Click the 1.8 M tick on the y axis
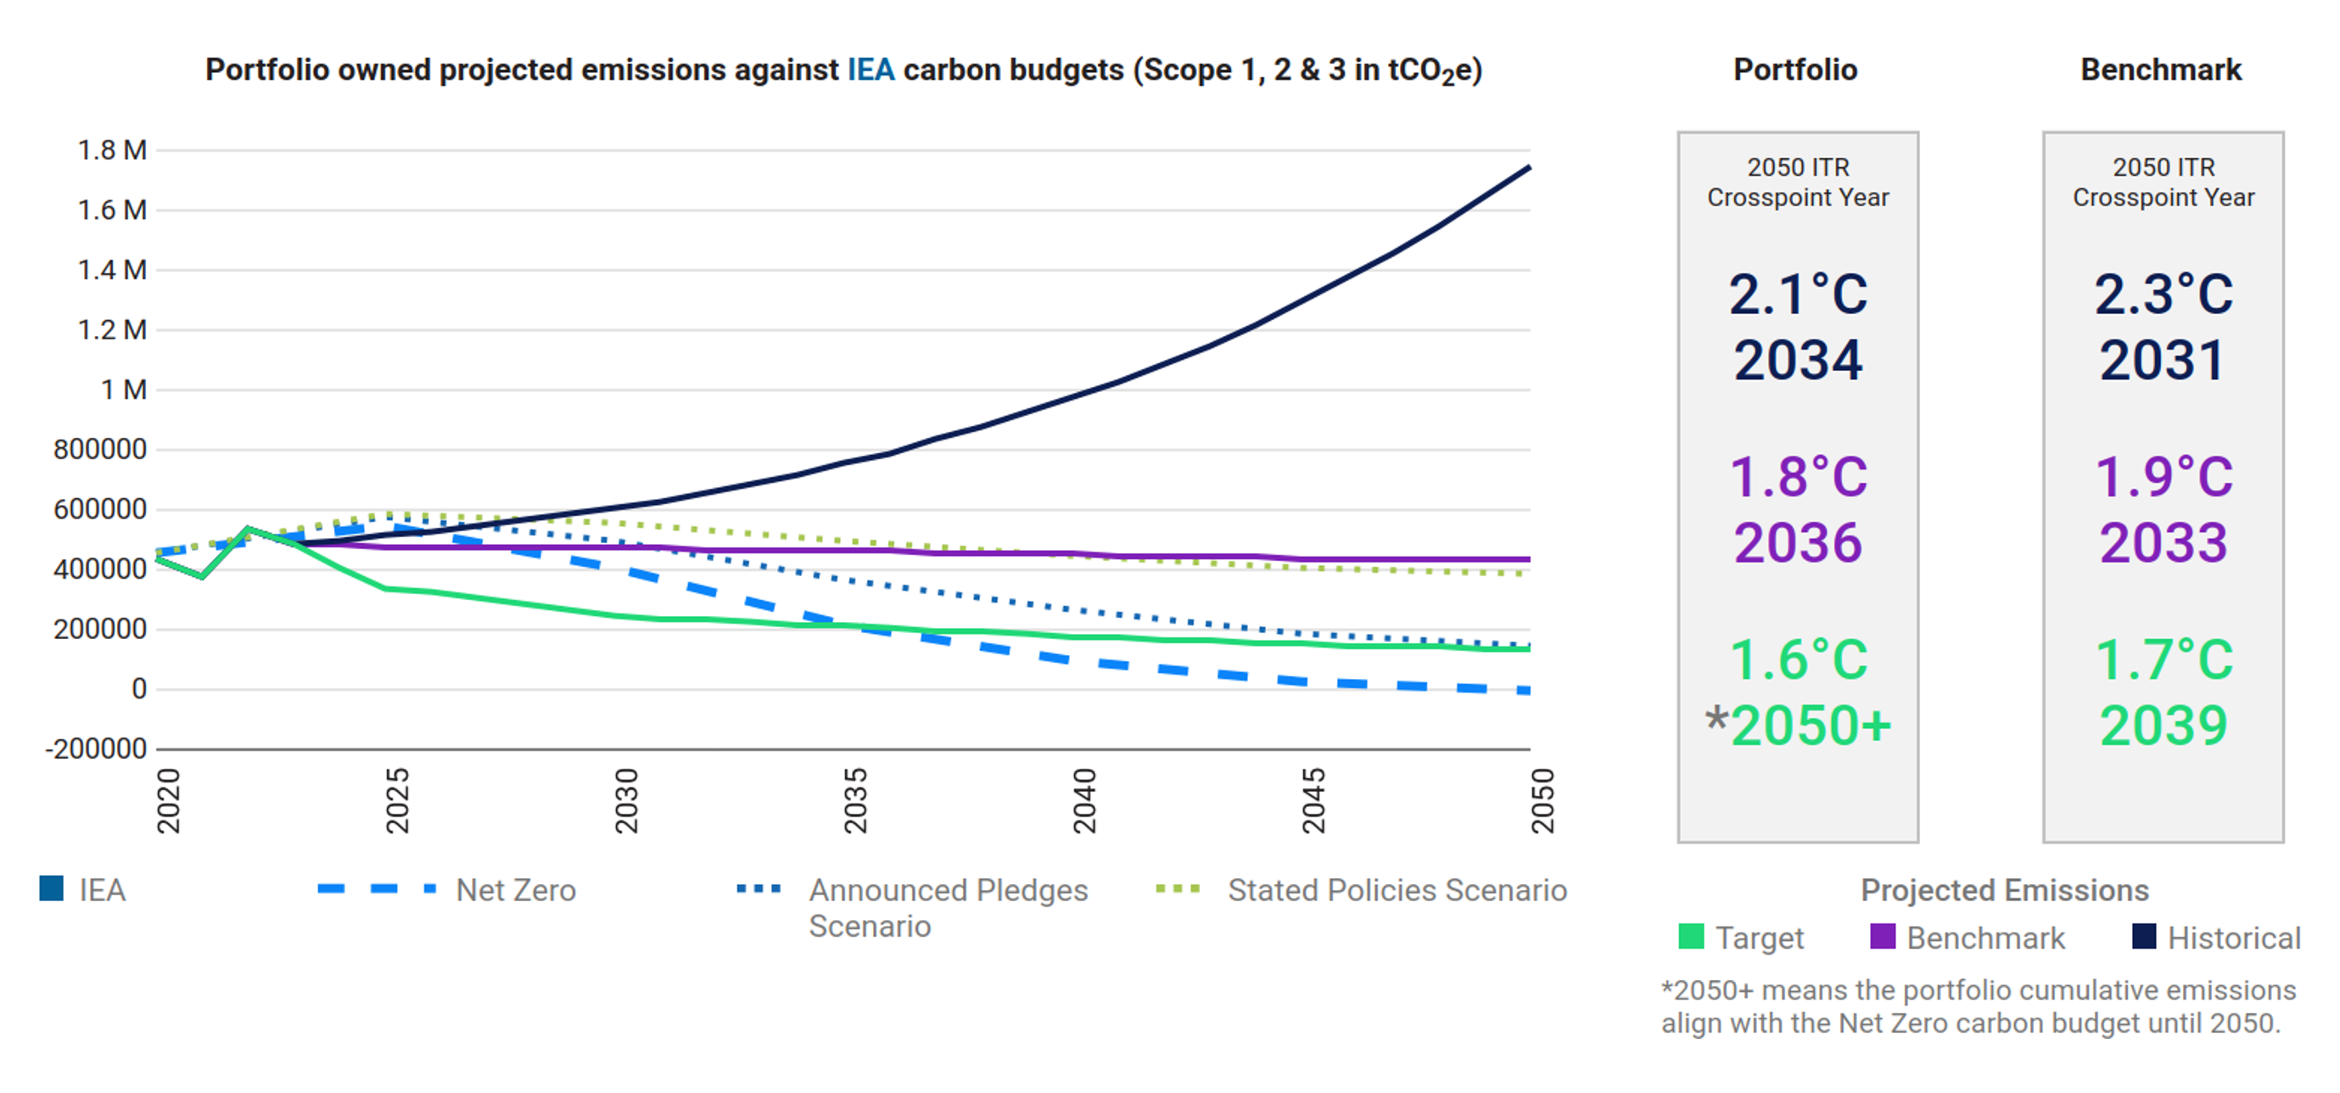point(112,150)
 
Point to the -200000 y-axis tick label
point(95,748)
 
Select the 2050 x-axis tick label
point(1542,800)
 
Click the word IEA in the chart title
point(871,70)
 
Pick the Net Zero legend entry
point(515,889)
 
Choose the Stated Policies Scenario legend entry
point(1397,889)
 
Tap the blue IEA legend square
point(52,888)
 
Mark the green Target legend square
point(1690,937)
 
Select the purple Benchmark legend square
point(1882,937)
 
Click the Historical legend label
point(2233,938)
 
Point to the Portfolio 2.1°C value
point(1798,294)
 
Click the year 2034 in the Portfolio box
point(1798,360)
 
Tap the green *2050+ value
point(1799,725)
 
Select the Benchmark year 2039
point(2163,725)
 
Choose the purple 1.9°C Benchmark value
point(2163,477)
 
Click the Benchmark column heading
point(2161,70)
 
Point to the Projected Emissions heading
point(2005,889)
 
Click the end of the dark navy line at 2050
point(1529,168)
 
